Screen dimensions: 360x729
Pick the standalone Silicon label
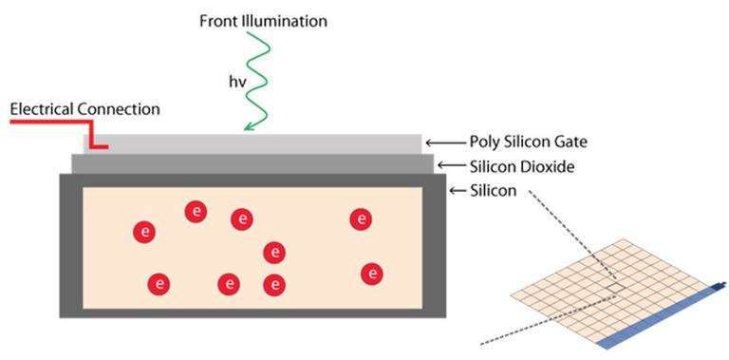[493, 190]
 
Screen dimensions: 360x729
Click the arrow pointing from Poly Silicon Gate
[447, 142]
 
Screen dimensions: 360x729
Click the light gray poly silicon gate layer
[256, 142]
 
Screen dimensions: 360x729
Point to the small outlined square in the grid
[616, 286]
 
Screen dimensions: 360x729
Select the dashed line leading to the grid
[560, 228]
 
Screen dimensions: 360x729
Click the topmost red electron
[196, 211]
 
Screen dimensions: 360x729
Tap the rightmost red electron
[372, 274]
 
